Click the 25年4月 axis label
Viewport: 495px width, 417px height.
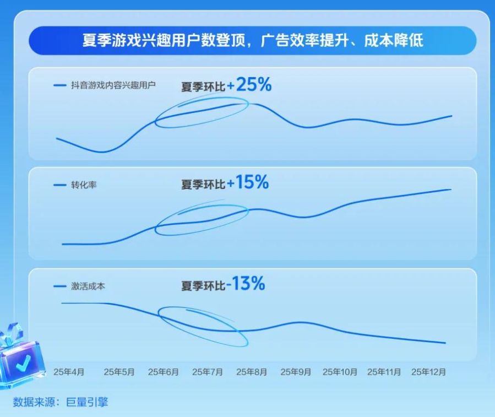69,372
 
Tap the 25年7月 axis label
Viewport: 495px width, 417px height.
208,372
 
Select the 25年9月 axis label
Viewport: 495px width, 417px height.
296,372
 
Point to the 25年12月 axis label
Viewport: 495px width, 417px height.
428,372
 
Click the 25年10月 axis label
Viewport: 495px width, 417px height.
340,372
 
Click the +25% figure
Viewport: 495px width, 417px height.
249,85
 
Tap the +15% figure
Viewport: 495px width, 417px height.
248,182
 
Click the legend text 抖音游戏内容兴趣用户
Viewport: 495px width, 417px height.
113,85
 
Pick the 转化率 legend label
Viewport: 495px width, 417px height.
84,185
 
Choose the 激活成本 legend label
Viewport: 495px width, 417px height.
88,286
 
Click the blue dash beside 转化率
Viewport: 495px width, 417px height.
59,185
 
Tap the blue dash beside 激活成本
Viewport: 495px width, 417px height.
59,286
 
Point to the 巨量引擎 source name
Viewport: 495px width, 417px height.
87,402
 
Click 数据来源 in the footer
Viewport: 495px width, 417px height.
34,402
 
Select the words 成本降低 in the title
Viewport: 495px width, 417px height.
393,40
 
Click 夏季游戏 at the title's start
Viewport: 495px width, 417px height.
112,40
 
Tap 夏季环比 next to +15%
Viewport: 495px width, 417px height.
203,184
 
